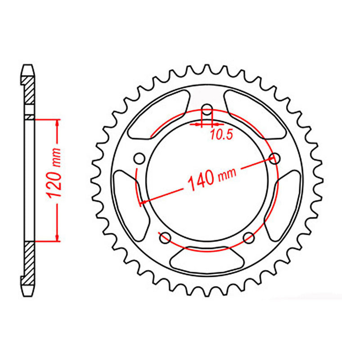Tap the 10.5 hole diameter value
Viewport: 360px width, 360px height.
point(221,134)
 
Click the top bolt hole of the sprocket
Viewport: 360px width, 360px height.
point(207,109)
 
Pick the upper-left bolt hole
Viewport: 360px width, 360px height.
point(139,158)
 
